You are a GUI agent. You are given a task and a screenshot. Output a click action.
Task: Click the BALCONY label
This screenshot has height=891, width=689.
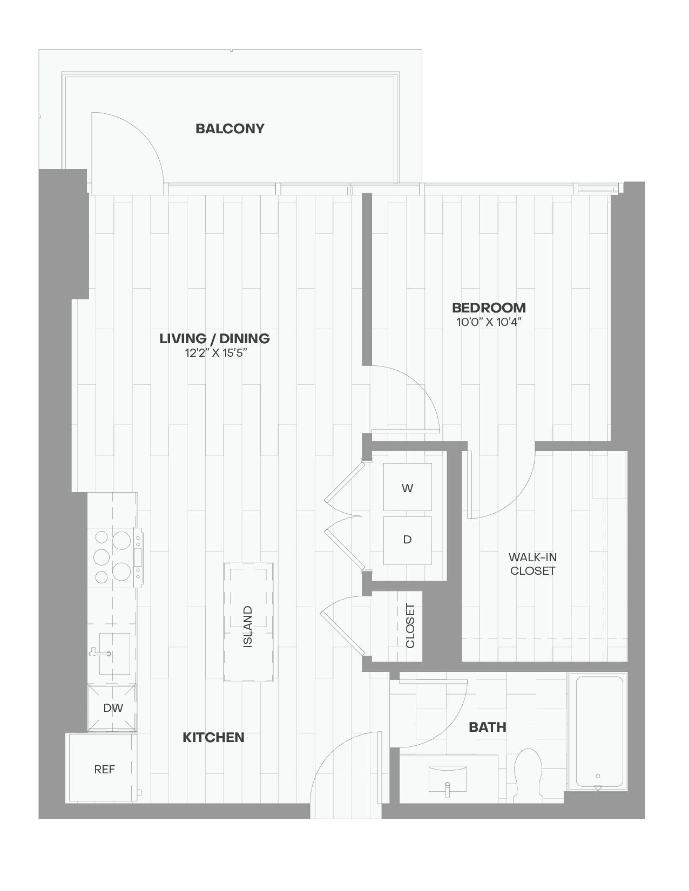tap(229, 129)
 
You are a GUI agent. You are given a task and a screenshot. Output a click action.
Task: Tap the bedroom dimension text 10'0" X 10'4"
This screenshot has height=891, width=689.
tap(489, 322)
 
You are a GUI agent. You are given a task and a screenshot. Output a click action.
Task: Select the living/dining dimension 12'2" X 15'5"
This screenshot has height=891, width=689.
tap(216, 352)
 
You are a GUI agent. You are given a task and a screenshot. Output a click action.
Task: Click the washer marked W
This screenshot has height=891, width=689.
tap(407, 487)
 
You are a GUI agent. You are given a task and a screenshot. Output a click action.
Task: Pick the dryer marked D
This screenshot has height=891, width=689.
tap(407, 540)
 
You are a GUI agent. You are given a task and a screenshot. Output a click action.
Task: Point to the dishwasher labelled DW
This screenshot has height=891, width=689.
tap(112, 708)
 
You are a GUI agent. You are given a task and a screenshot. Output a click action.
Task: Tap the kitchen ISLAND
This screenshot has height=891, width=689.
tap(248, 622)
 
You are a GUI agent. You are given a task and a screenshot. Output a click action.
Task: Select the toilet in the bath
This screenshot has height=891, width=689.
tap(528, 775)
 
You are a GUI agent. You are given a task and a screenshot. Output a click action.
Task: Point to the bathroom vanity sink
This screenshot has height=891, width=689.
tap(448, 779)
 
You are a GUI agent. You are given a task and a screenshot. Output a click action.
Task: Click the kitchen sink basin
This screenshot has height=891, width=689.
tap(114, 654)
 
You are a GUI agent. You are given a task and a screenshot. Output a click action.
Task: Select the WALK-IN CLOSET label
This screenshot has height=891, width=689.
tap(532, 564)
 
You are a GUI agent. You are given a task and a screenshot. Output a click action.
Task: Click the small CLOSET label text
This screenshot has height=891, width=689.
tap(410, 625)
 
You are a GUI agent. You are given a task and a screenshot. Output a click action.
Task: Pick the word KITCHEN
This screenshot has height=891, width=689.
tap(213, 737)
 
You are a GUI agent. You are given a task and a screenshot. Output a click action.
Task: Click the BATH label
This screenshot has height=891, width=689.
tap(487, 727)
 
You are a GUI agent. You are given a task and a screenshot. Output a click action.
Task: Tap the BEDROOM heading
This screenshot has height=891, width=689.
tap(489, 308)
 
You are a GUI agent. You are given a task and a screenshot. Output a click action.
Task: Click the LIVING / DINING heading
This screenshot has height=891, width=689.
tap(214, 339)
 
